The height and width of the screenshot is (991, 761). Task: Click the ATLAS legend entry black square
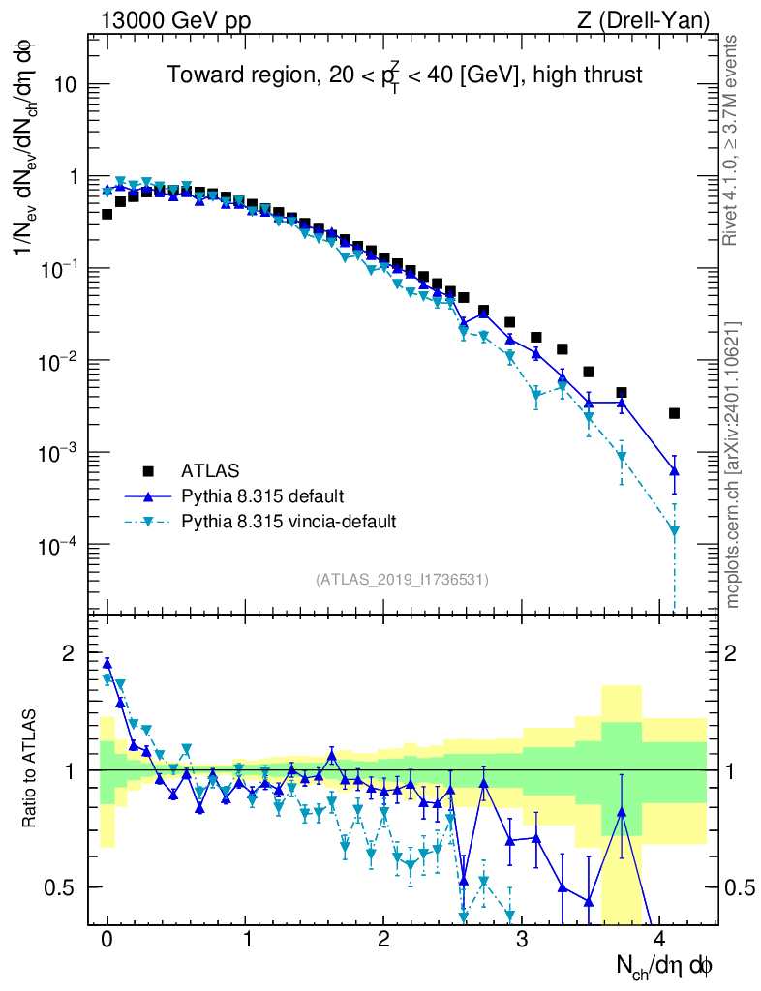click(148, 471)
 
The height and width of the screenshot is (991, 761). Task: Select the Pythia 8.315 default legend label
click(261, 496)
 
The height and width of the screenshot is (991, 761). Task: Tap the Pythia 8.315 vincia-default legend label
click(289, 522)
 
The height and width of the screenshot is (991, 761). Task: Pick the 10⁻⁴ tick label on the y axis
click(57, 545)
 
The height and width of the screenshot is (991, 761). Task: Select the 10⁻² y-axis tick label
click(57, 361)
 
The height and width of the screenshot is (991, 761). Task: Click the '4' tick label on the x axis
click(660, 940)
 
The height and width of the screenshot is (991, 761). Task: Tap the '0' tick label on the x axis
click(107, 940)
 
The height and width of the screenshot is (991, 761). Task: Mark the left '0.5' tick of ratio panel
click(63, 887)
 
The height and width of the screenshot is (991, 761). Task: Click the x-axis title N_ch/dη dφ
click(667, 965)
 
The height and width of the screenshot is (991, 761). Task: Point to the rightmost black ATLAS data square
click(674, 413)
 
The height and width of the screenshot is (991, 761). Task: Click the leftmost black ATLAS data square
click(107, 214)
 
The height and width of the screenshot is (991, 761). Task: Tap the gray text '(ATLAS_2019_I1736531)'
click(402, 580)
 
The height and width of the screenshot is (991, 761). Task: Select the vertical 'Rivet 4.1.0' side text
click(732, 141)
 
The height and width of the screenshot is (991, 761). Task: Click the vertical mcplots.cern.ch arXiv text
click(732, 465)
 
